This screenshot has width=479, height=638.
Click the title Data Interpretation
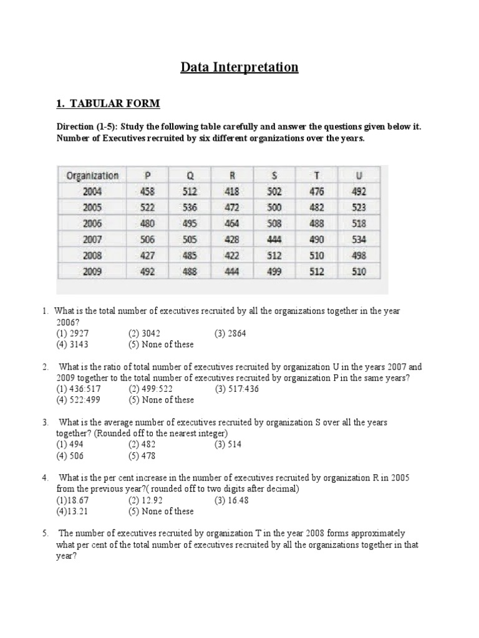(x=239, y=67)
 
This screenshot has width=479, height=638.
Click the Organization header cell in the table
(x=92, y=176)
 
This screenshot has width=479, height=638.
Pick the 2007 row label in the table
(x=92, y=239)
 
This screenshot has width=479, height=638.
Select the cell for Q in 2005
(x=190, y=207)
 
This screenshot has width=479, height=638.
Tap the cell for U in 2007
(x=359, y=239)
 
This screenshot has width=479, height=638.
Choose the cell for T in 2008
(x=316, y=255)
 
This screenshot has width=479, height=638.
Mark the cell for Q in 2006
(x=190, y=224)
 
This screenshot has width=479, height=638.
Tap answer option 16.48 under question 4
(x=231, y=500)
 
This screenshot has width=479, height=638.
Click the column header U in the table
(x=359, y=176)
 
